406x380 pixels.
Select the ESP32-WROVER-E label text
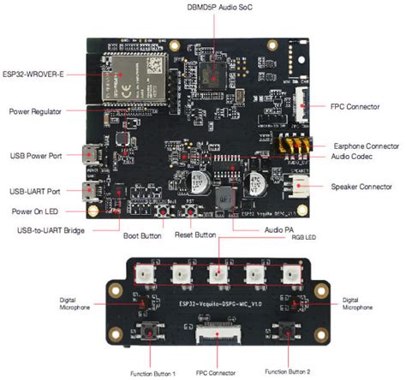(x=34, y=74)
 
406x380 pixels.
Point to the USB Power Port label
(x=35, y=156)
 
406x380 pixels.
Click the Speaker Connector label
(x=361, y=187)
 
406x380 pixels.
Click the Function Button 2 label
(x=286, y=373)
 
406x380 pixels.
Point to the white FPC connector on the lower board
(x=217, y=334)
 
